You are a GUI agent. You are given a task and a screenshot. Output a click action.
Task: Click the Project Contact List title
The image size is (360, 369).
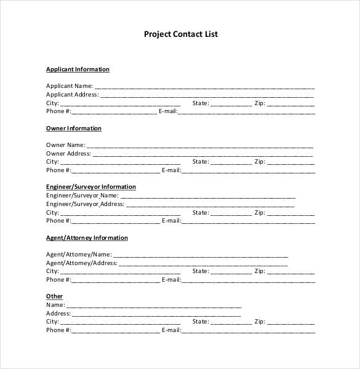180,34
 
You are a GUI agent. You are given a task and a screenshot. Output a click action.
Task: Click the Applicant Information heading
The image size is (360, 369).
78,69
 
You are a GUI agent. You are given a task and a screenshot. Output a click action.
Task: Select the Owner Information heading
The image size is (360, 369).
74,129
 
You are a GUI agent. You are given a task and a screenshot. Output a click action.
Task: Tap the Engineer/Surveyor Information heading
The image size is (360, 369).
91,186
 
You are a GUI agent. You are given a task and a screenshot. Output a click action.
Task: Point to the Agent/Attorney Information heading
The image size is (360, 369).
87,237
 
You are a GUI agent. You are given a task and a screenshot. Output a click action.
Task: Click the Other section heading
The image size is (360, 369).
54,296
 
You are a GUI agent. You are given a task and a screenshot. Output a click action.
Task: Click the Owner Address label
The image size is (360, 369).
68,153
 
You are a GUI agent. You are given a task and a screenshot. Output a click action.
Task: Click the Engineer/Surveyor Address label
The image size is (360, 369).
85,204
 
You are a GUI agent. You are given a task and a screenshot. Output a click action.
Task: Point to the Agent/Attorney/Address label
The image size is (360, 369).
81,263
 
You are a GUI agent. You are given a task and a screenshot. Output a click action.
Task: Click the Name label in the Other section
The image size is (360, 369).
55,304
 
